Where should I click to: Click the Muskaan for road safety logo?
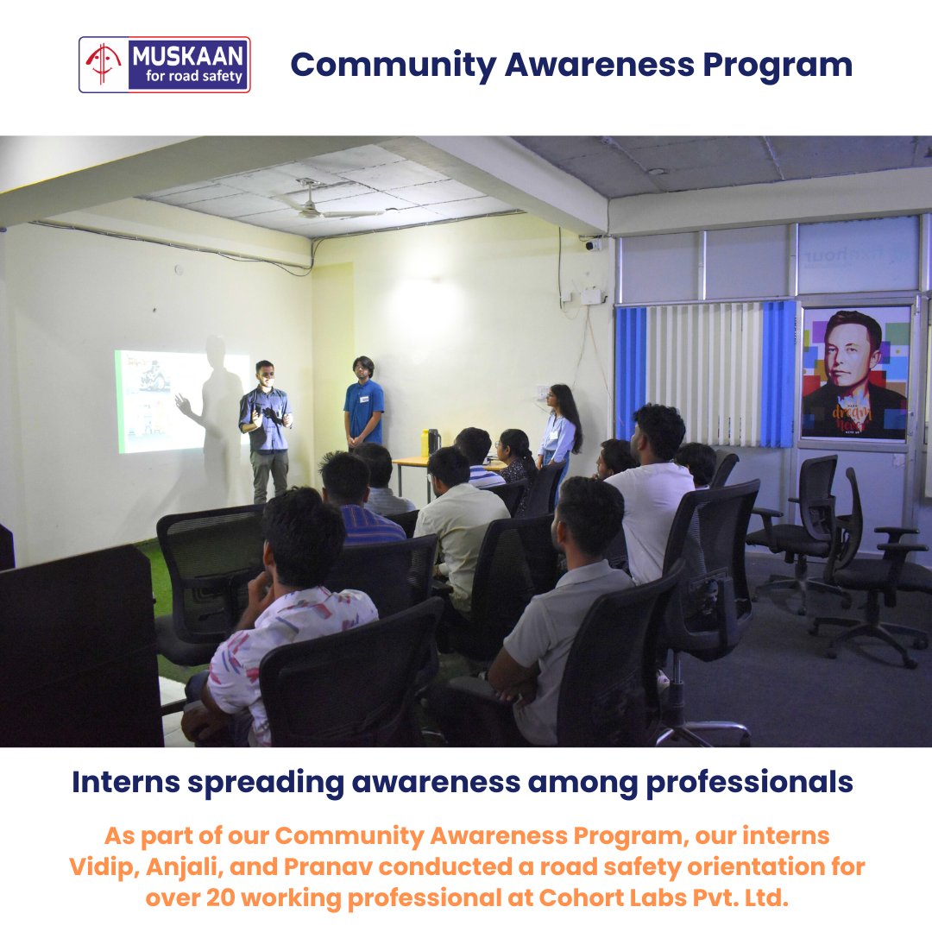pyautogui.click(x=165, y=65)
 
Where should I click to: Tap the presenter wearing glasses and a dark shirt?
pyautogui.click(x=266, y=427)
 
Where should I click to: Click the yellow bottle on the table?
pyautogui.click(x=425, y=442)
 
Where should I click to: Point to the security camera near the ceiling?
pyautogui.click(x=593, y=244)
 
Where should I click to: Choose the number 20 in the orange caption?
pyautogui.click(x=221, y=897)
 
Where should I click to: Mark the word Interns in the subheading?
pyautogui.click(x=125, y=783)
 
